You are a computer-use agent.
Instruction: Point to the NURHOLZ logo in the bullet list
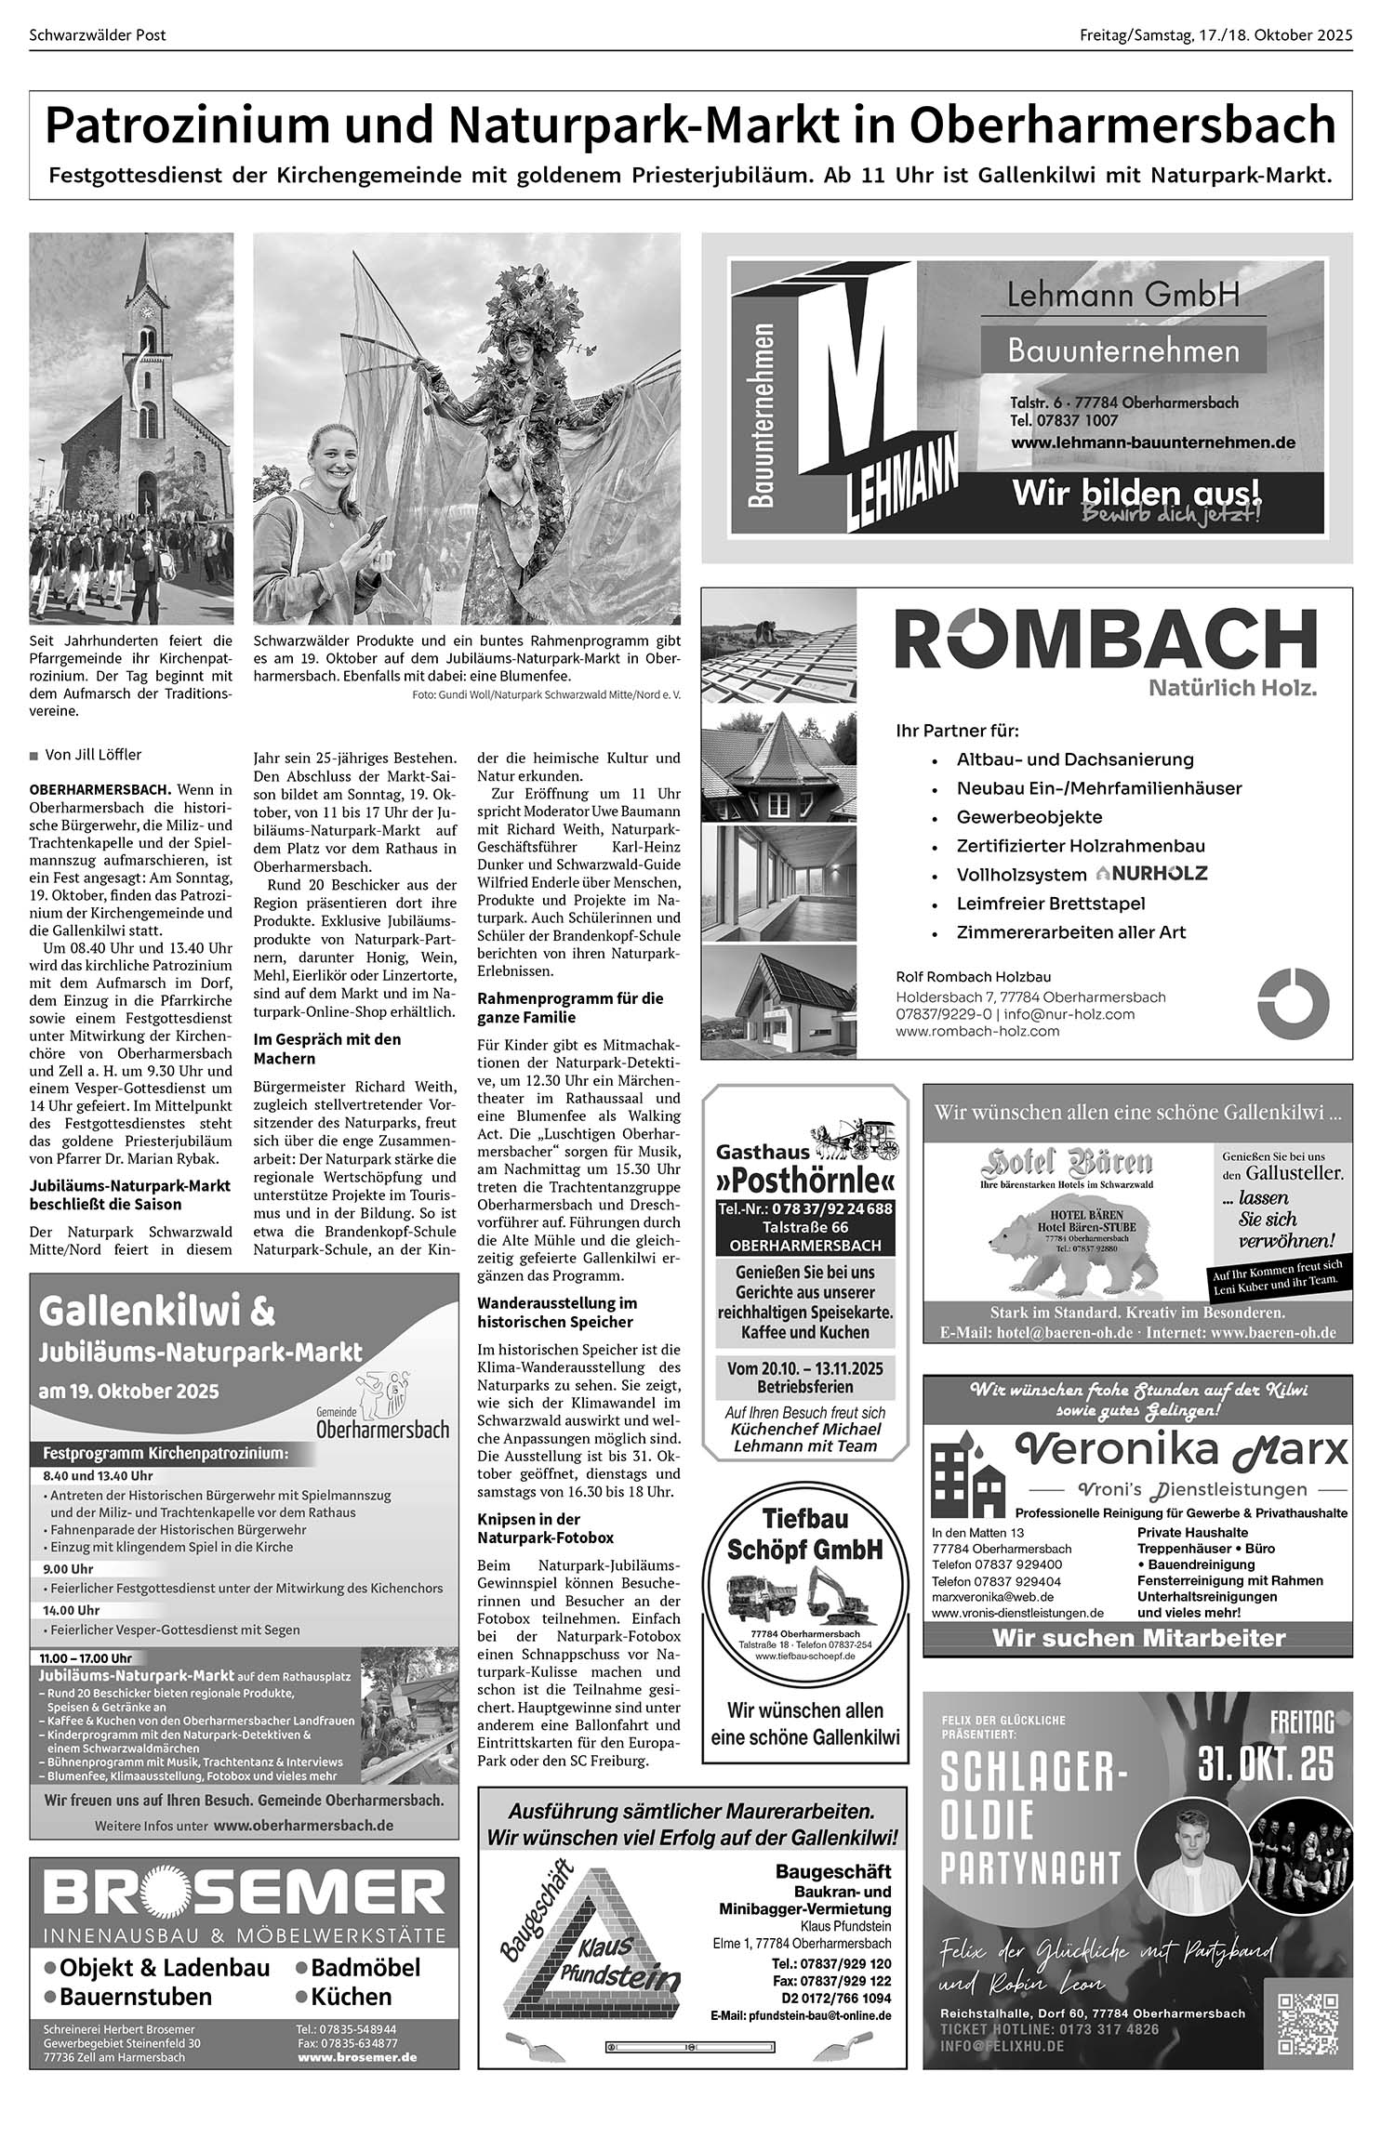coord(1151,874)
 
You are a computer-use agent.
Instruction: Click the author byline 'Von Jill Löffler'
coord(93,755)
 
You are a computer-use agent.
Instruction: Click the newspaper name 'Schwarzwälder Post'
coord(98,35)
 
